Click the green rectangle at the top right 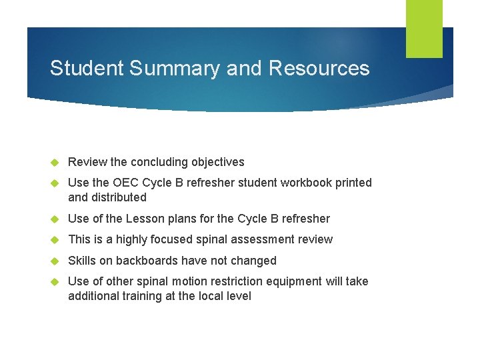click(424, 28)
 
